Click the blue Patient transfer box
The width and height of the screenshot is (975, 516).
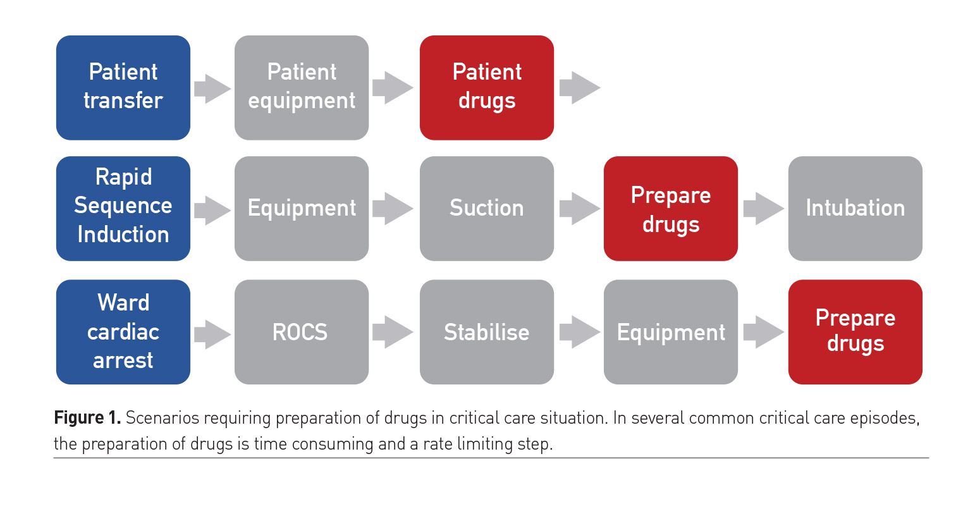tap(123, 87)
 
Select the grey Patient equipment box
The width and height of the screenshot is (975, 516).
tap(302, 87)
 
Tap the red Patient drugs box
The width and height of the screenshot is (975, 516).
tap(487, 87)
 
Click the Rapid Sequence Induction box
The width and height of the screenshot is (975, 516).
tap(123, 208)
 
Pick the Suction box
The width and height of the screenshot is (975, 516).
tap(487, 208)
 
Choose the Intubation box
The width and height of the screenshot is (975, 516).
tap(855, 208)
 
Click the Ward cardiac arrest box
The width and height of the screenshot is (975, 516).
tap(123, 331)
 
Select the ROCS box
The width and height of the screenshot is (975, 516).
tap(302, 331)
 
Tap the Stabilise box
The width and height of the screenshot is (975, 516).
tap(487, 331)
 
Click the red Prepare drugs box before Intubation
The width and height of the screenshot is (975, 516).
tap(671, 208)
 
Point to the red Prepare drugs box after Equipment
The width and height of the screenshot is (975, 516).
tap(855, 331)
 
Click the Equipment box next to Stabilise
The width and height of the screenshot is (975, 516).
tap(671, 331)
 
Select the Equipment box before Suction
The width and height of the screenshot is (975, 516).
tap(302, 208)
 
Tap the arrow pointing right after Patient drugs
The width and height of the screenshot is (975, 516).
tap(579, 87)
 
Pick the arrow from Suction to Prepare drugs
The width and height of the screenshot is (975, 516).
tap(579, 208)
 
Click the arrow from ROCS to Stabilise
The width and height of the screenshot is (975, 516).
tap(392, 331)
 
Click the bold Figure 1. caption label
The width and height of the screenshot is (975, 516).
tap(87, 418)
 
